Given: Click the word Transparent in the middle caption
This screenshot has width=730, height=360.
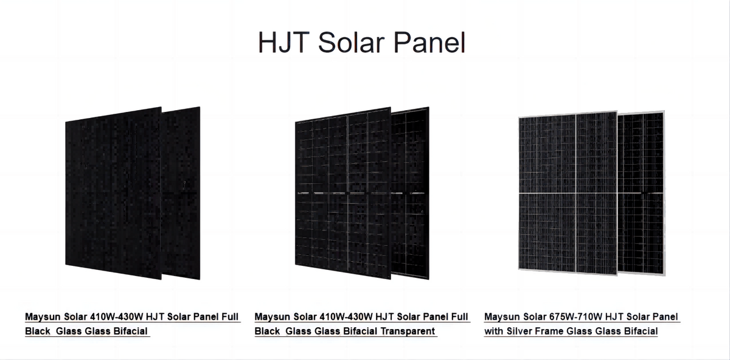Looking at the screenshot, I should (x=407, y=331).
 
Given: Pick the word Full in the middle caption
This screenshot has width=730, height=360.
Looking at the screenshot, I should (x=459, y=317).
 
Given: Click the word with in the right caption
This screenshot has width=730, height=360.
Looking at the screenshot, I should (x=493, y=331).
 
